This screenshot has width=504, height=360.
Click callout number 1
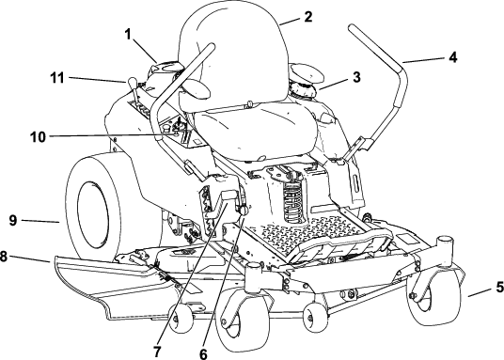coord(128,35)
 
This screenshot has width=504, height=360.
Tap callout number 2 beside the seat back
coord(307,17)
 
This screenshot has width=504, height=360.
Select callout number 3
coord(356,77)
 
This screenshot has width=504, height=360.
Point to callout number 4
coord(452,57)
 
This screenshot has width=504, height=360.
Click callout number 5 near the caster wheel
coord(499,287)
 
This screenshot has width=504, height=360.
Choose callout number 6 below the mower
coord(203,353)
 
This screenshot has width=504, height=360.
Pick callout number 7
coord(156,352)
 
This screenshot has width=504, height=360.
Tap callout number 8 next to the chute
coord(3,257)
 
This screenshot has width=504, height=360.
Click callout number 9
coord(13,220)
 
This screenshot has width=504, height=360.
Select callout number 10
coord(39,137)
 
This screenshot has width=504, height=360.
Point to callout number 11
coord(57,78)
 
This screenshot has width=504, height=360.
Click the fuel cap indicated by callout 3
coord(304,88)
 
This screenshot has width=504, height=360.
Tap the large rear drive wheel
coord(94,206)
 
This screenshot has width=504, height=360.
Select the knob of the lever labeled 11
coord(132,82)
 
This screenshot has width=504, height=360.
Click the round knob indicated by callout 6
coord(244,210)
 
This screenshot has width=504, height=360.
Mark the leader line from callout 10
coord(107,135)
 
